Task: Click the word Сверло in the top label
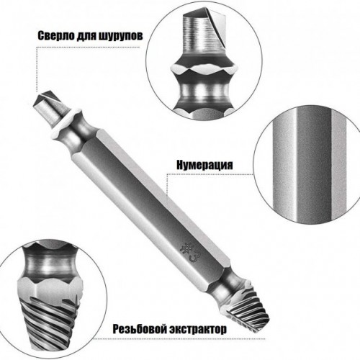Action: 55,36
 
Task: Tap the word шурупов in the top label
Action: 121,36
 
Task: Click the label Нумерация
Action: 204,165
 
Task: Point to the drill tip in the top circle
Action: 204,35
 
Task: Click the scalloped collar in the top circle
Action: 203,69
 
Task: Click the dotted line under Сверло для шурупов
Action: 89,47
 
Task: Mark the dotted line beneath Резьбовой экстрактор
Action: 179,339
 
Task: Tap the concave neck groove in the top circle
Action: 204,92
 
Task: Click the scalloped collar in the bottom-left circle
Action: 50,290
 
